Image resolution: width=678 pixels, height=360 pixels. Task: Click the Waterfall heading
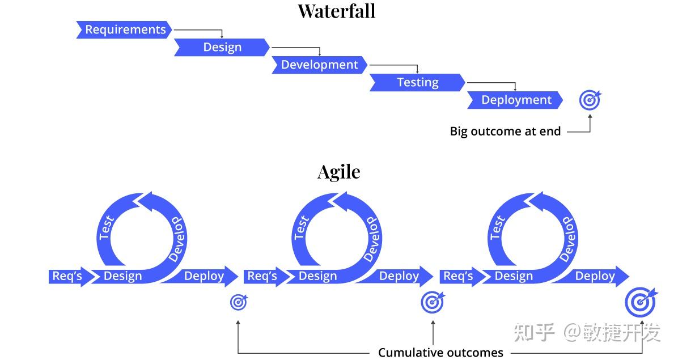click(x=337, y=11)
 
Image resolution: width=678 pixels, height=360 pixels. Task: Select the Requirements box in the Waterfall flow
click(x=125, y=30)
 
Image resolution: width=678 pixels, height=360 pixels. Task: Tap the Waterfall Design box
click(x=222, y=48)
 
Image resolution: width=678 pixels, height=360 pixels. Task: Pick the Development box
click(x=320, y=65)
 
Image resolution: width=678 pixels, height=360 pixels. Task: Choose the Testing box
click(x=417, y=83)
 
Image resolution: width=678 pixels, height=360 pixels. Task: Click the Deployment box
click(x=516, y=100)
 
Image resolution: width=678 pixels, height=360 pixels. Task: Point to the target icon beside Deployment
click(x=590, y=101)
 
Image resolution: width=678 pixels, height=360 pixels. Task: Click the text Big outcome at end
click(x=505, y=132)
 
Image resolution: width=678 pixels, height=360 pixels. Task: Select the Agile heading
click(x=338, y=172)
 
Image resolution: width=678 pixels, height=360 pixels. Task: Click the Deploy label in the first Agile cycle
click(x=204, y=276)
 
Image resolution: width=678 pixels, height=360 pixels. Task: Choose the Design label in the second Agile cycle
click(x=317, y=276)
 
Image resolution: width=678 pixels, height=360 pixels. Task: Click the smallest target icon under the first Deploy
click(x=239, y=302)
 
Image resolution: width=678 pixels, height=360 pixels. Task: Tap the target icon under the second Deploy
click(x=433, y=302)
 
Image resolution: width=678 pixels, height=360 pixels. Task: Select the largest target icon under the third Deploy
click(x=640, y=302)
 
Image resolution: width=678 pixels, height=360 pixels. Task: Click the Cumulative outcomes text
click(x=440, y=353)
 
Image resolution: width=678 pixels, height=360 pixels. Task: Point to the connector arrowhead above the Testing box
click(x=417, y=72)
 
